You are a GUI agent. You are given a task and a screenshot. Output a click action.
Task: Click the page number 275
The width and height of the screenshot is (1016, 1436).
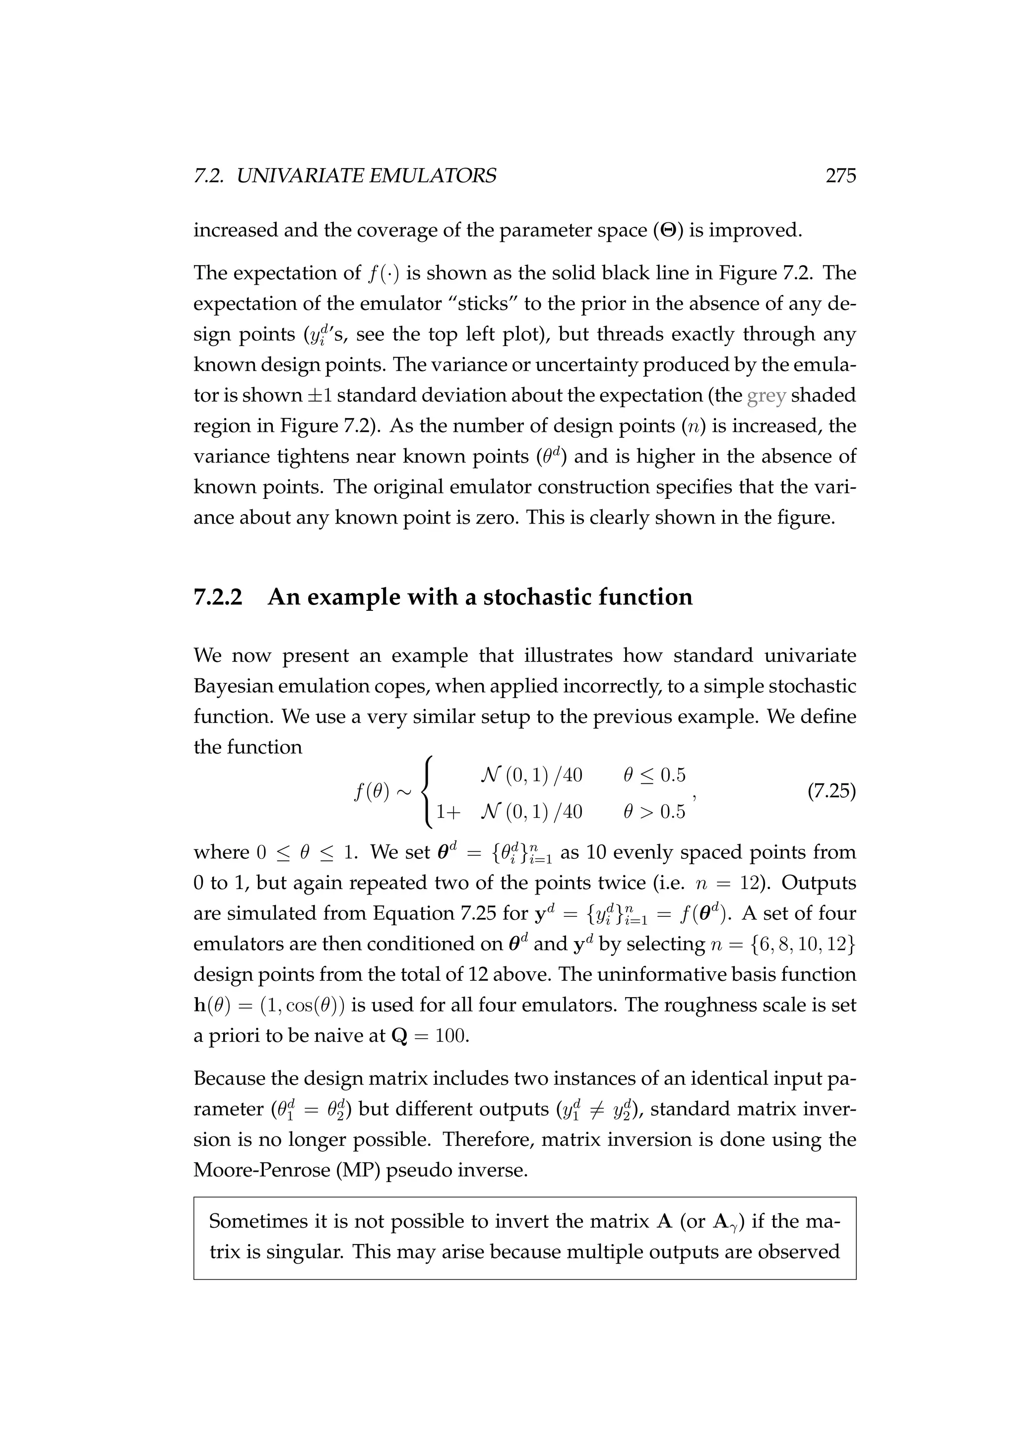pos(840,177)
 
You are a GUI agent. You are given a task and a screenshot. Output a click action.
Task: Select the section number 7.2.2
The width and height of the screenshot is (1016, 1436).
pos(217,598)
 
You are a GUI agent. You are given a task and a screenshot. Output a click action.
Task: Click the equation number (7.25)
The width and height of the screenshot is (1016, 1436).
pos(831,792)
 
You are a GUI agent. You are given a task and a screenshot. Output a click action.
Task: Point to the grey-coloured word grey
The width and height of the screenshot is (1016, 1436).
pos(766,395)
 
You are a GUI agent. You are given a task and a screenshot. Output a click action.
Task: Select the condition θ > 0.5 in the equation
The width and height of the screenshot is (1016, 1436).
pos(654,812)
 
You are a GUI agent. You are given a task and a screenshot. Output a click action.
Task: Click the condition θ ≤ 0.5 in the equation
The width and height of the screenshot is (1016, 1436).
pos(654,776)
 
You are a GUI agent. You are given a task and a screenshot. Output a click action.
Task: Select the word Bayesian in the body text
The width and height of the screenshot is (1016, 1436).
pos(233,687)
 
